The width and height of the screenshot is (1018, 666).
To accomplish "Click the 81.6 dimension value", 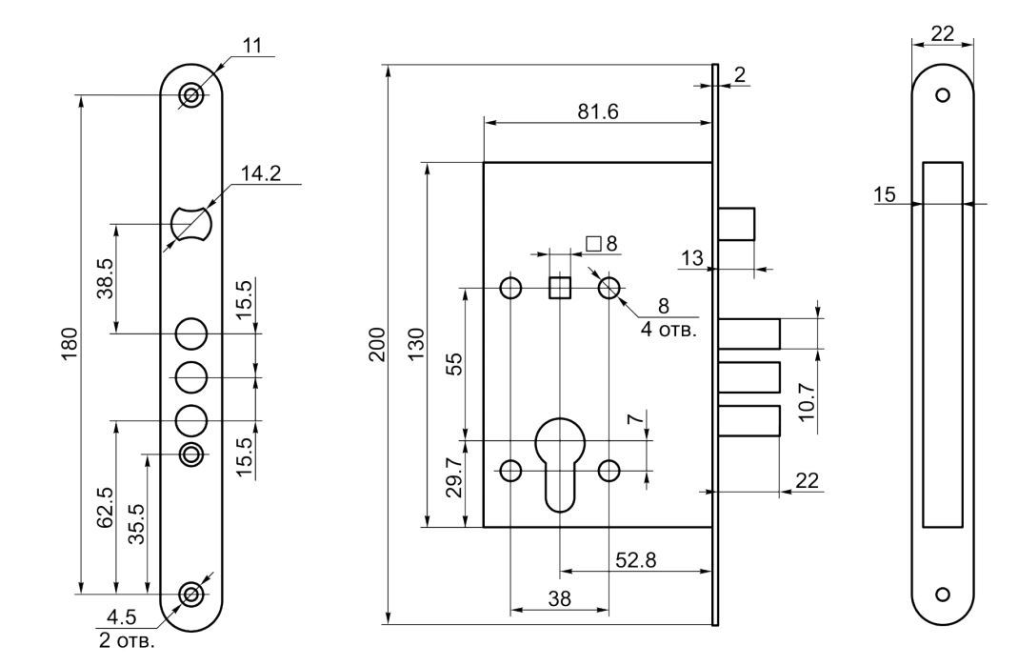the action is pyautogui.click(x=598, y=111).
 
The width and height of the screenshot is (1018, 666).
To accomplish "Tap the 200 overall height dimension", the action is pyautogui.click(x=377, y=344).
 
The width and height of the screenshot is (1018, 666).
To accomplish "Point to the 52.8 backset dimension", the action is pyautogui.click(x=635, y=559).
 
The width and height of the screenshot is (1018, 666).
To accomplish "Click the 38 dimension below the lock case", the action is pyautogui.click(x=559, y=598).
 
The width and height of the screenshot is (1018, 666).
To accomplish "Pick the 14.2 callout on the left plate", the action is pyautogui.click(x=261, y=173).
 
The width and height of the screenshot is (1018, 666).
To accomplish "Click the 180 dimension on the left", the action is pyautogui.click(x=70, y=344).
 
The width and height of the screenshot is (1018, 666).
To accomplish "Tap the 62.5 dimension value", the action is pyautogui.click(x=105, y=508).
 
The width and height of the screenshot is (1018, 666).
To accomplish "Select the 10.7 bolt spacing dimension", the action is pyautogui.click(x=806, y=401).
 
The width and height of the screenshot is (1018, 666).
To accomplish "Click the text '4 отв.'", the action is pyautogui.click(x=669, y=329).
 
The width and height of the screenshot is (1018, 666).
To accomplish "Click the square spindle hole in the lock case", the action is pyautogui.click(x=560, y=287).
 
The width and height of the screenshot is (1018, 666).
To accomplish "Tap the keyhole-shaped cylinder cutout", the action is pyautogui.click(x=560, y=464).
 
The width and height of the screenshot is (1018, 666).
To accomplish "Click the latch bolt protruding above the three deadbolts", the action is pyautogui.click(x=736, y=224).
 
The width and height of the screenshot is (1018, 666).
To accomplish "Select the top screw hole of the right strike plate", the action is pyautogui.click(x=943, y=95).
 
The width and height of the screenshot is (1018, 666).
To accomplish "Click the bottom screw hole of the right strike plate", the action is pyautogui.click(x=943, y=594).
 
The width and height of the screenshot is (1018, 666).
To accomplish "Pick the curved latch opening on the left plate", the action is pyautogui.click(x=191, y=224).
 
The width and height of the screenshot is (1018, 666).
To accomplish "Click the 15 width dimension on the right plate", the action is pyautogui.click(x=885, y=194).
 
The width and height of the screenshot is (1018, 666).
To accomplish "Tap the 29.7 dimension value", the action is pyautogui.click(x=456, y=477).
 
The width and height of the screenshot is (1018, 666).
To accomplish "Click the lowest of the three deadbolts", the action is pyautogui.click(x=749, y=421).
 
